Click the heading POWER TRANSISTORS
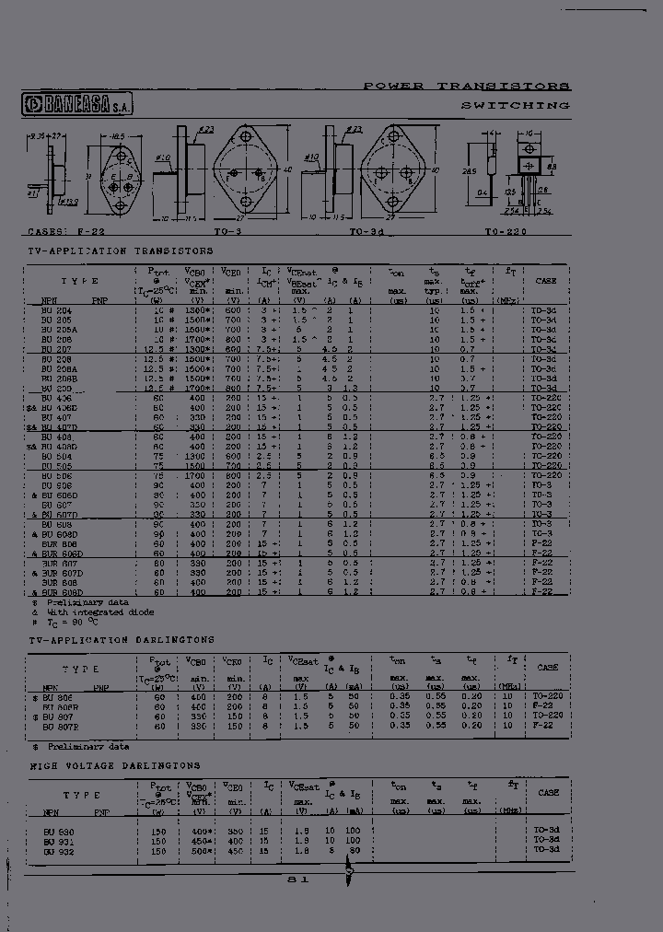coord(466,86)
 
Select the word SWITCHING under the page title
coord(515,106)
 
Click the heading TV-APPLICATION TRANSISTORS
coord(121,250)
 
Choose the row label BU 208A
coord(58,368)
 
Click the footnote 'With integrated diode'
coord(100,612)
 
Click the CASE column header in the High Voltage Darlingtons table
coord(547,792)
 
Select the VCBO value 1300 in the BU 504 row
coord(195,456)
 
